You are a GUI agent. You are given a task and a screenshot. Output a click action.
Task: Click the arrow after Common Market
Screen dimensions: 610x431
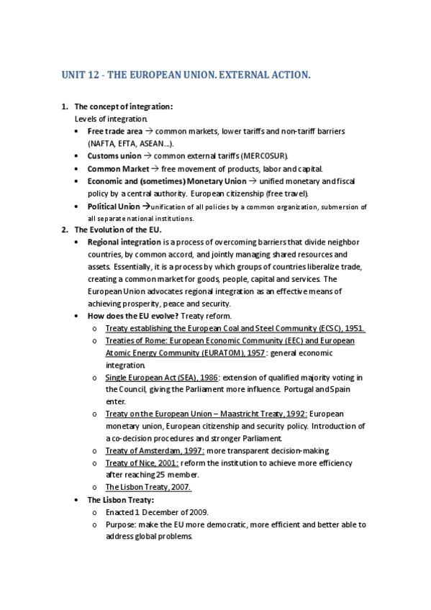click(155, 168)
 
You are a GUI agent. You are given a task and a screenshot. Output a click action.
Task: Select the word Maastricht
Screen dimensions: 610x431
click(244, 414)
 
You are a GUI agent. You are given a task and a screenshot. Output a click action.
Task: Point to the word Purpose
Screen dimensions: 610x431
click(122, 524)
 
